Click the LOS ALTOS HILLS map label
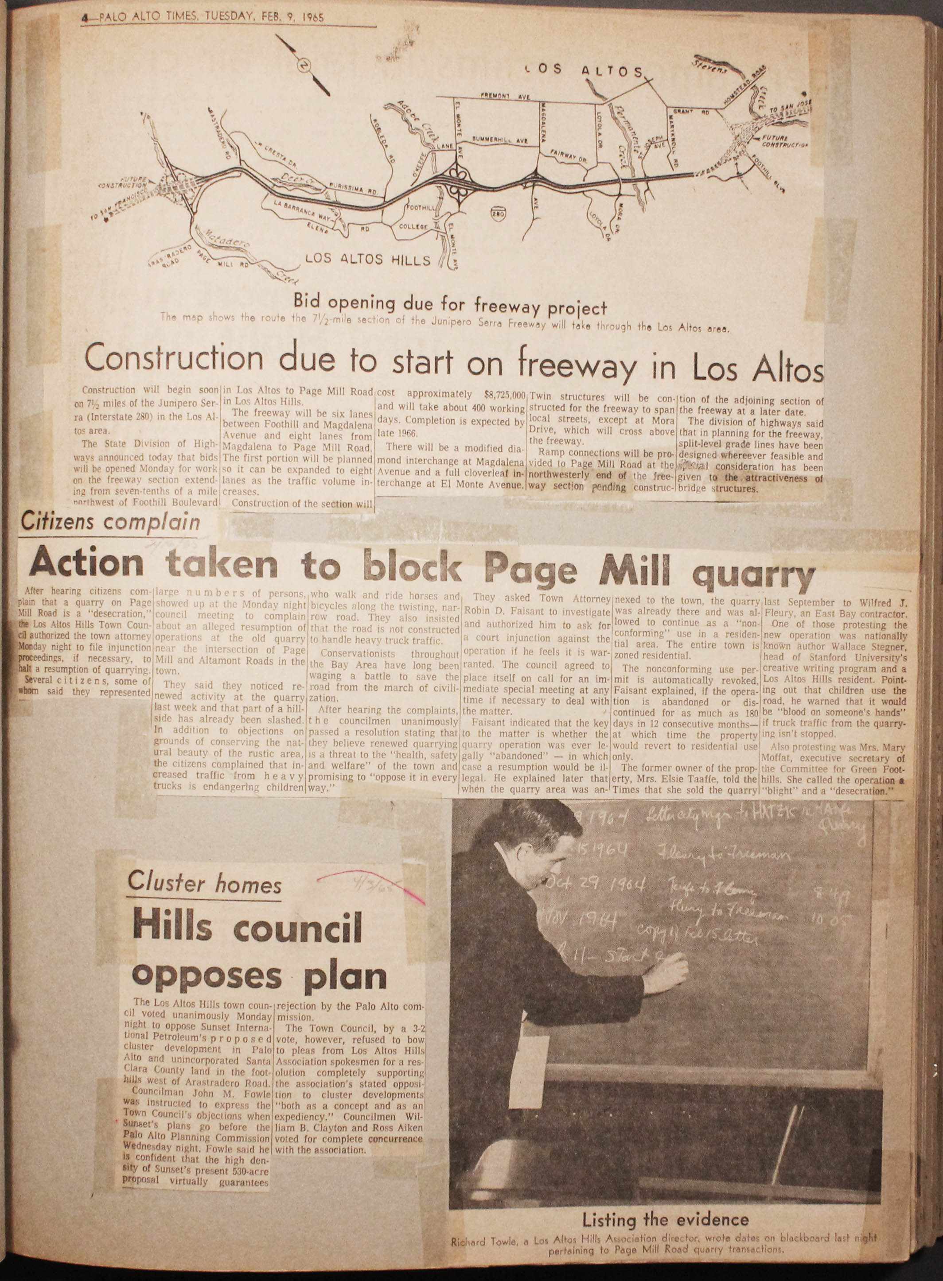[368, 260]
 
